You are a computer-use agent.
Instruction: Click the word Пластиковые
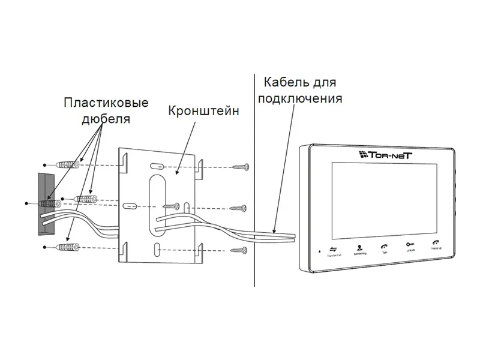(x=106, y=103)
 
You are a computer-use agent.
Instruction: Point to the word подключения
(x=300, y=98)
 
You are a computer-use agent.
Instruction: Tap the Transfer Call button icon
(x=333, y=248)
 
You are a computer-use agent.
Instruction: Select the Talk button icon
(x=384, y=246)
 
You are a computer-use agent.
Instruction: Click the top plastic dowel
(x=68, y=163)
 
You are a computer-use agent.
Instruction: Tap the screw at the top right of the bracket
(x=241, y=166)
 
